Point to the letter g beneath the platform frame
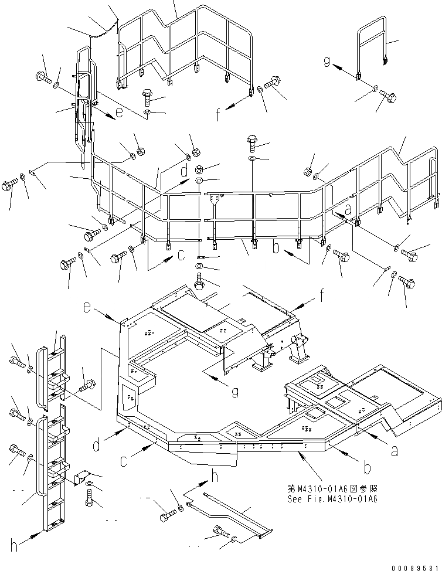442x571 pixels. click(x=234, y=391)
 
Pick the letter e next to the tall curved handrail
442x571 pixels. click(x=119, y=113)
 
